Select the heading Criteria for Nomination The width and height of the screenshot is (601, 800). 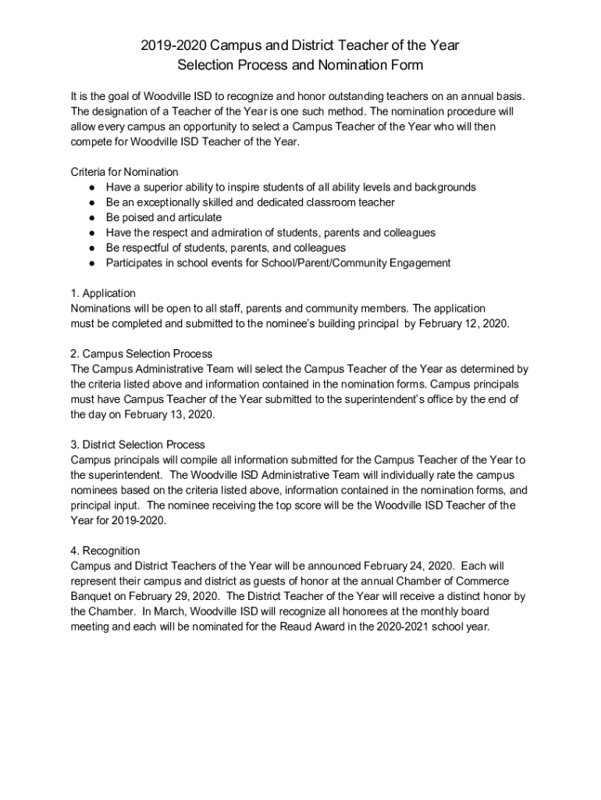pos(124,172)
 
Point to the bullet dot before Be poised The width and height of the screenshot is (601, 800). pos(92,218)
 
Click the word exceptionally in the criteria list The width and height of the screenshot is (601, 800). pos(172,202)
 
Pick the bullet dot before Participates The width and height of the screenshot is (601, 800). pos(92,263)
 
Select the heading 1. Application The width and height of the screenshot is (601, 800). pos(103,294)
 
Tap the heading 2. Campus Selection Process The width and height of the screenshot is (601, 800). pos(141,354)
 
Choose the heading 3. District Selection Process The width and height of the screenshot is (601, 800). pos(137,445)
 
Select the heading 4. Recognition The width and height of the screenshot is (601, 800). pos(105,552)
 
